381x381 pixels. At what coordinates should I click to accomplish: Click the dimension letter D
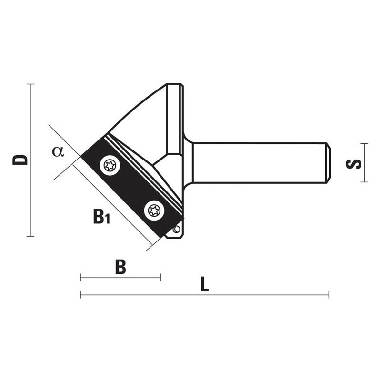click(x=20, y=160)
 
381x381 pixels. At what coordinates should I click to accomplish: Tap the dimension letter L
click(x=204, y=284)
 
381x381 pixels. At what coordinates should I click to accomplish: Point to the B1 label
click(x=101, y=217)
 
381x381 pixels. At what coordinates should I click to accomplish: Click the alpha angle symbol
click(x=58, y=151)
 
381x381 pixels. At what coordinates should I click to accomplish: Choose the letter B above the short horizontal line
click(x=120, y=267)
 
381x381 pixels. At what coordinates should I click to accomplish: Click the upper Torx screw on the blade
click(x=110, y=166)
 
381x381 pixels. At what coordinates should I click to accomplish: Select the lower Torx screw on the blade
click(x=154, y=211)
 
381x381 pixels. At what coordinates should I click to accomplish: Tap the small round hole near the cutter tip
click(x=177, y=229)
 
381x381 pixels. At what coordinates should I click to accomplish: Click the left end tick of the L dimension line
click(x=80, y=294)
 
